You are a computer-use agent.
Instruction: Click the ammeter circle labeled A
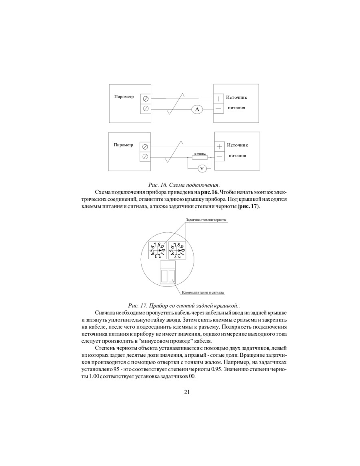tap(196, 109)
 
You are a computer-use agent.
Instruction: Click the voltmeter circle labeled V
tap(202, 168)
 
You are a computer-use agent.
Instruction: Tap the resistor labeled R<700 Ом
tap(199, 158)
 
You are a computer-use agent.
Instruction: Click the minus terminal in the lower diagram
tap(219, 156)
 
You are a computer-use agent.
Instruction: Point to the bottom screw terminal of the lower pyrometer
tap(145, 156)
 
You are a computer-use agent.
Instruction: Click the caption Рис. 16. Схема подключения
tap(184, 185)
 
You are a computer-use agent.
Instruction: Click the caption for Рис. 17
tap(184, 305)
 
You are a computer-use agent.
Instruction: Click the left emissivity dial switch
tap(157, 251)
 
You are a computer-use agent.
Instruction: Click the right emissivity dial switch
tap(177, 251)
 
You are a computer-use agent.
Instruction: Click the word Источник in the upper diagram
tap(237, 98)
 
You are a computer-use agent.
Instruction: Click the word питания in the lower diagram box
tap(237, 156)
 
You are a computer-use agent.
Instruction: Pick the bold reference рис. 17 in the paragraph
tap(248, 206)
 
